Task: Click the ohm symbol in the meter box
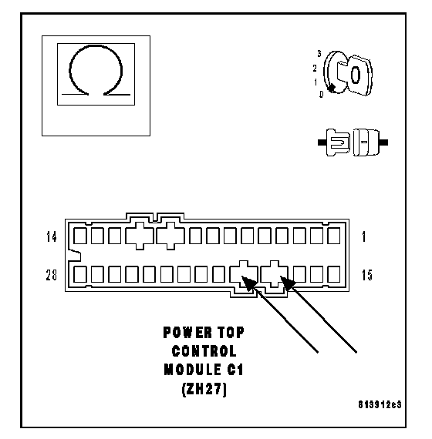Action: click(x=69, y=70)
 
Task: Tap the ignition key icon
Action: click(x=348, y=73)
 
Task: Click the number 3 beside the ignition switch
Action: click(x=319, y=53)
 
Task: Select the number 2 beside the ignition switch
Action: click(x=315, y=68)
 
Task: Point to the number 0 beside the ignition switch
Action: click(x=322, y=95)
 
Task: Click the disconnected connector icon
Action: click(x=353, y=142)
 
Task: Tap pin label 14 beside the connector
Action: click(x=52, y=237)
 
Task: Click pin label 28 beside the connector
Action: click(x=52, y=275)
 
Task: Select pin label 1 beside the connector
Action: click(x=364, y=237)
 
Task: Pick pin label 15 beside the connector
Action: click(x=367, y=275)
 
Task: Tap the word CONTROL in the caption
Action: click(x=204, y=351)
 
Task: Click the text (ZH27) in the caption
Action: click(x=204, y=389)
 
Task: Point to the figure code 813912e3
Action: click(x=380, y=404)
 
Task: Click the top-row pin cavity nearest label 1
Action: click(x=334, y=236)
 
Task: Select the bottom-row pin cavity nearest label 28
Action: click(x=80, y=274)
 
